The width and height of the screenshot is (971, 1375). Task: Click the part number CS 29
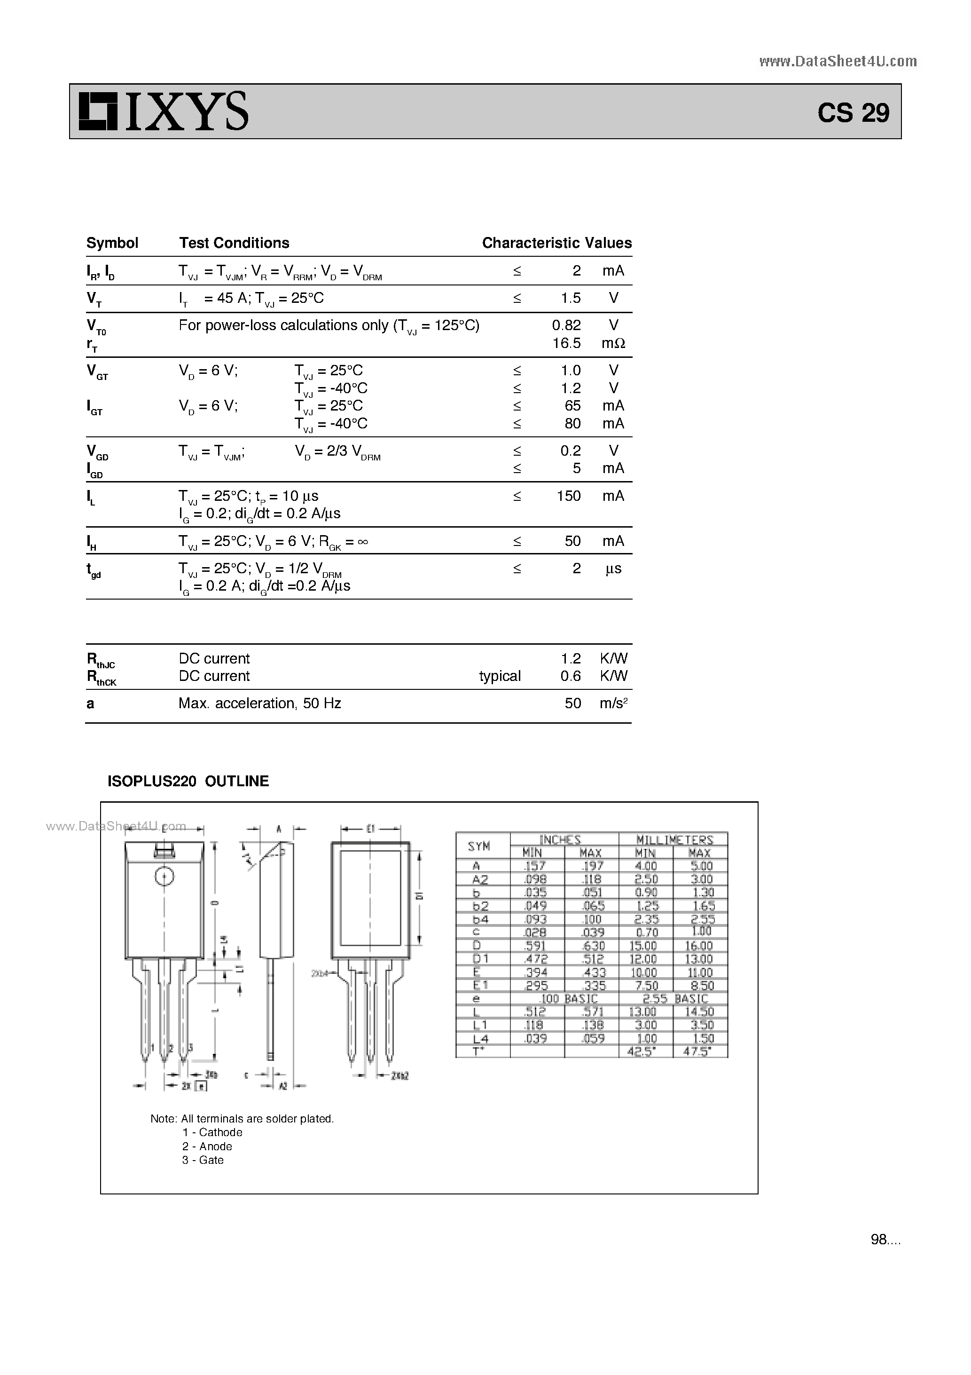tap(853, 112)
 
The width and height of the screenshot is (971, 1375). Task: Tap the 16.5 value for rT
tap(566, 343)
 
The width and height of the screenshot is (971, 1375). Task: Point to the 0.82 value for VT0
tap(566, 325)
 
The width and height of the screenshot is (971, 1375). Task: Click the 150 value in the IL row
tap(568, 496)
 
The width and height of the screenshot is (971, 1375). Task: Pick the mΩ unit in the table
tap(613, 343)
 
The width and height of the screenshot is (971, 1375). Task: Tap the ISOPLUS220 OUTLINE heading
tap(188, 782)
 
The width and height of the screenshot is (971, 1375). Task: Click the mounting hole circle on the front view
tap(164, 877)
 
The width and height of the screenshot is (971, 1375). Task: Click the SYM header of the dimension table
tap(479, 846)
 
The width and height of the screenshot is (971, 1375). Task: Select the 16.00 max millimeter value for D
tap(700, 946)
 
